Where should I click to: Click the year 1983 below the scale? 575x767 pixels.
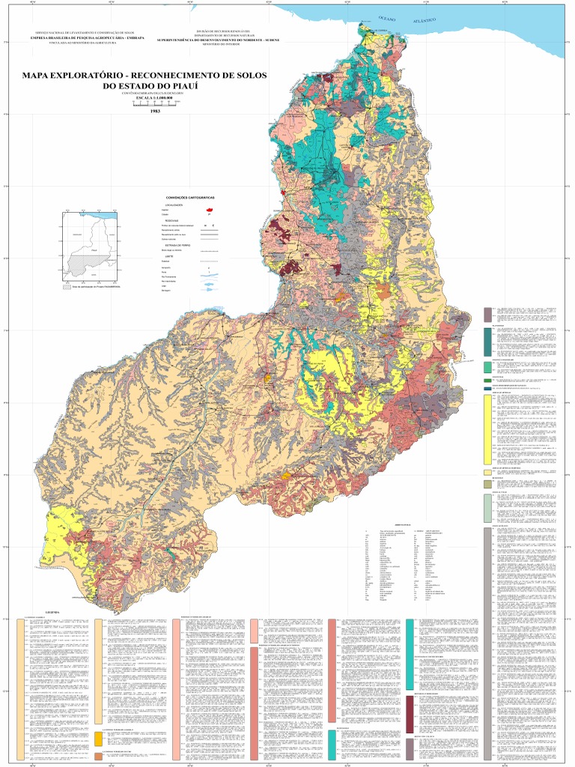click(x=155, y=111)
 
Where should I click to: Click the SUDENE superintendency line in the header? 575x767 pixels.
click(x=218, y=39)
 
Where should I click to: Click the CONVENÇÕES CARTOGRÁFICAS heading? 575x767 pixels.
click(x=190, y=197)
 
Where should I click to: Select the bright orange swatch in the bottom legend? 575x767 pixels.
click(x=98, y=739)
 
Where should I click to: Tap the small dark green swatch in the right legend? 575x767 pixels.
click(x=487, y=381)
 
